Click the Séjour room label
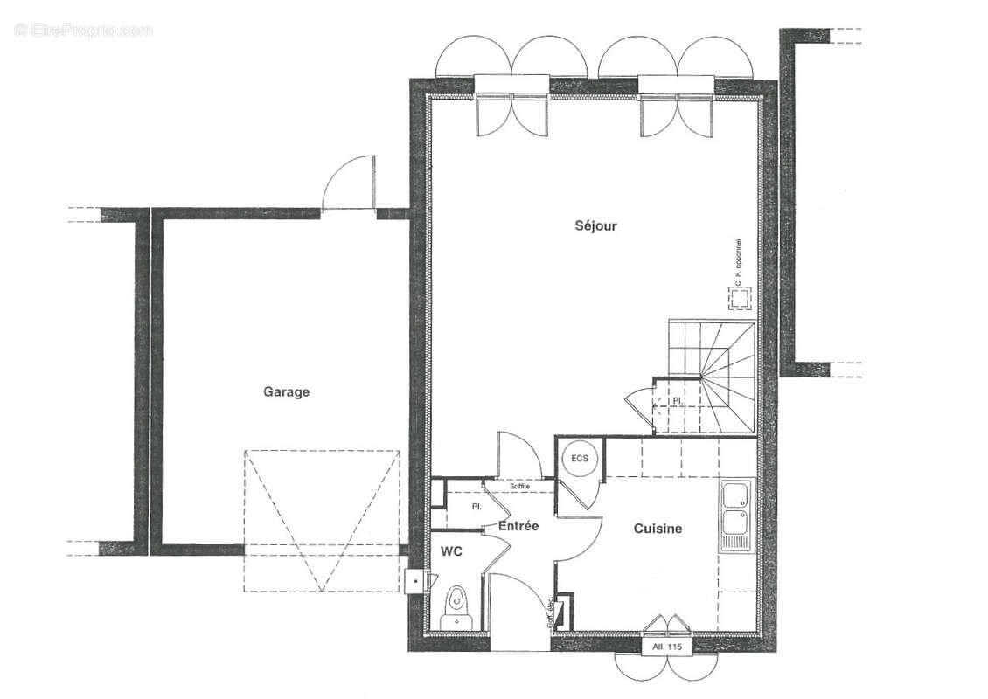595,226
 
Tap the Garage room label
287,392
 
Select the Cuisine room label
658,529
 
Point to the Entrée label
518,526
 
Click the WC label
451,551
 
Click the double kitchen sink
736,516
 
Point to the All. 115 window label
666,647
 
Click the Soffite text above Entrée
519,487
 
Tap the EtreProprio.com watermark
83,30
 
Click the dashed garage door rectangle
321,521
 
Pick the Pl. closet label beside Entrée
477,506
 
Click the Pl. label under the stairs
678,401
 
